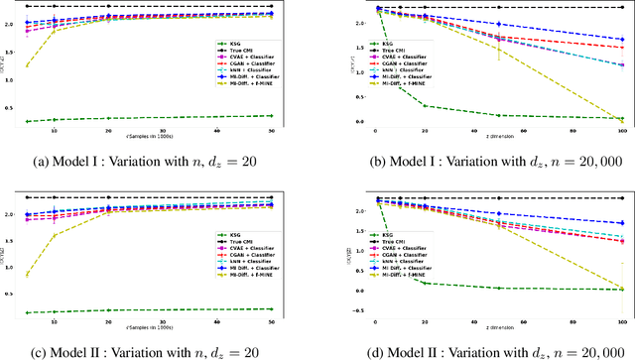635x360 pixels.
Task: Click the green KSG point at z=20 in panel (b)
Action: click(426, 105)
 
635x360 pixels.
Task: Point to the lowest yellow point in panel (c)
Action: click(26, 276)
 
